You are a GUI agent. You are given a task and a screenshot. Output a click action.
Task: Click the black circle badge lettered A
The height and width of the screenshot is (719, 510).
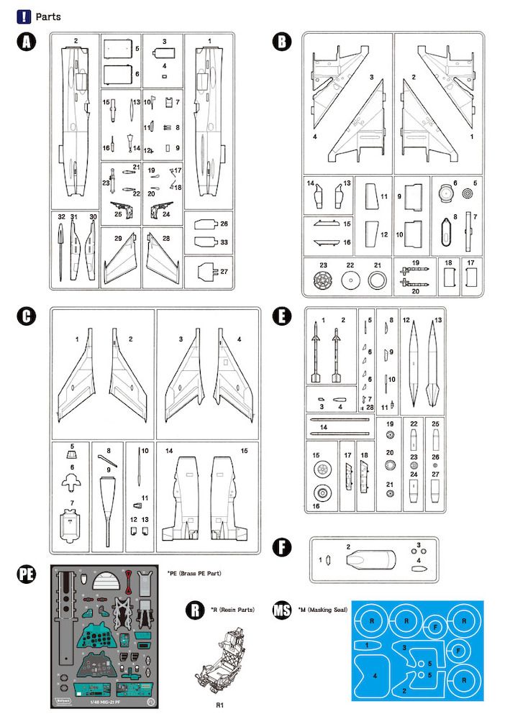click(x=26, y=42)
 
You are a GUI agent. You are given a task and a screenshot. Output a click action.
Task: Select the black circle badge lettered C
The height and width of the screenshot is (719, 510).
click(x=26, y=317)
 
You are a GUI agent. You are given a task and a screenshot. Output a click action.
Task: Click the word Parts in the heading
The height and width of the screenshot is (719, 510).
click(x=46, y=16)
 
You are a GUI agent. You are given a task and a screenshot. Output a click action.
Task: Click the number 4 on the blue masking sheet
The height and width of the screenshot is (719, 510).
click(x=375, y=676)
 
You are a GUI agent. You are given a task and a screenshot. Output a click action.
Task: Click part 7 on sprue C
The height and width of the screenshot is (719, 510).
click(x=70, y=524)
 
